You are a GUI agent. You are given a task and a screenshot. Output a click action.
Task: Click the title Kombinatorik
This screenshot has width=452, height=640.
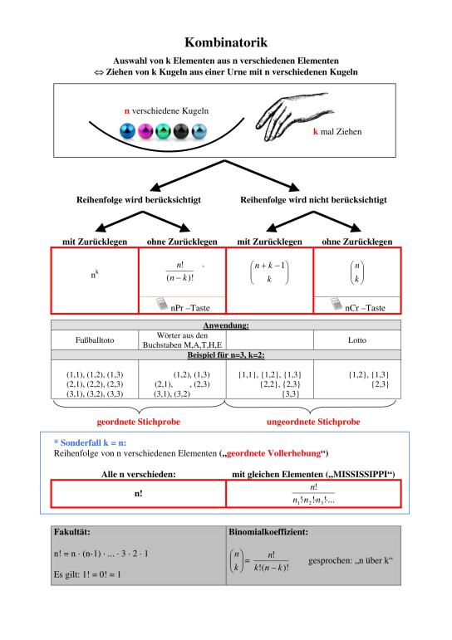[x=226, y=42]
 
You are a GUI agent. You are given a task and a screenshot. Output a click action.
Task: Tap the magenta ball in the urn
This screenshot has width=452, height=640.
[x=145, y=131]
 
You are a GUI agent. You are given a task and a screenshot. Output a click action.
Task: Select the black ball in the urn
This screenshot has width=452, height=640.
[x=181, y=131]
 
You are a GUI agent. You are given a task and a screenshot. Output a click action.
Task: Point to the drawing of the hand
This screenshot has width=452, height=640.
[x=292, y=116]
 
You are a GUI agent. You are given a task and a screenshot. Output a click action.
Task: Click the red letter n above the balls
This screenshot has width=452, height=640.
[x=127, y=111]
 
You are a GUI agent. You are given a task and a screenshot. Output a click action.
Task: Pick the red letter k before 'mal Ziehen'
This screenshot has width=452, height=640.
[x=316, y=131]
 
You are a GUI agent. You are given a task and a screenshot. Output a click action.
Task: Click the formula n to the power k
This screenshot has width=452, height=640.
[x=95, y=274]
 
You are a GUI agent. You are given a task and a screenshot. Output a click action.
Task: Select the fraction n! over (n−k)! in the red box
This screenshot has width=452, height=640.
[x=179, y=271]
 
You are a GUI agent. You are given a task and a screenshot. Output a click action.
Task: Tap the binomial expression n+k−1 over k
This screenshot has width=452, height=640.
[x=269, y=272]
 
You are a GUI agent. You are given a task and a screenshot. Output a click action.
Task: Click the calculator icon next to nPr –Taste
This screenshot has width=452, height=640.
[x=162, y=304]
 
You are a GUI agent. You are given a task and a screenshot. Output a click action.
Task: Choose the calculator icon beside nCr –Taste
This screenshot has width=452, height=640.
[x=337, y=304]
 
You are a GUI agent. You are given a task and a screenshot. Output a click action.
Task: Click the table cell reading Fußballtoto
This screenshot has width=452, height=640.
[x=95, y=340]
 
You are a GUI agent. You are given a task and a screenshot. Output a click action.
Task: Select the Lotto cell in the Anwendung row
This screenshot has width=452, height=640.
[x=357, y=340]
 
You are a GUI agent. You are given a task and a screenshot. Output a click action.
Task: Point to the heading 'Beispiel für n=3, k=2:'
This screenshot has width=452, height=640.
[x=226, y=355]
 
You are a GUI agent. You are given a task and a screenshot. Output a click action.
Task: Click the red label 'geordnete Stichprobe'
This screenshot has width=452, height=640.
[x=139, y=422]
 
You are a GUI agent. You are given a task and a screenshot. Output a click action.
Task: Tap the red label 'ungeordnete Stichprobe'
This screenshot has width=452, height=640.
[x=313, y=422]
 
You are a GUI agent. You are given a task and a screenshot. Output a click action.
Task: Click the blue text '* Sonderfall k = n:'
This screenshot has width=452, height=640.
[x=91, y=443]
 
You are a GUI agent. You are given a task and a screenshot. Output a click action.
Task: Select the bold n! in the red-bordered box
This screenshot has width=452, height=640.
[x=139, y=493]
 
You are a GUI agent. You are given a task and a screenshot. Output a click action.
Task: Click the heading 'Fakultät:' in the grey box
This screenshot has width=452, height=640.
[x=72, y=532]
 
